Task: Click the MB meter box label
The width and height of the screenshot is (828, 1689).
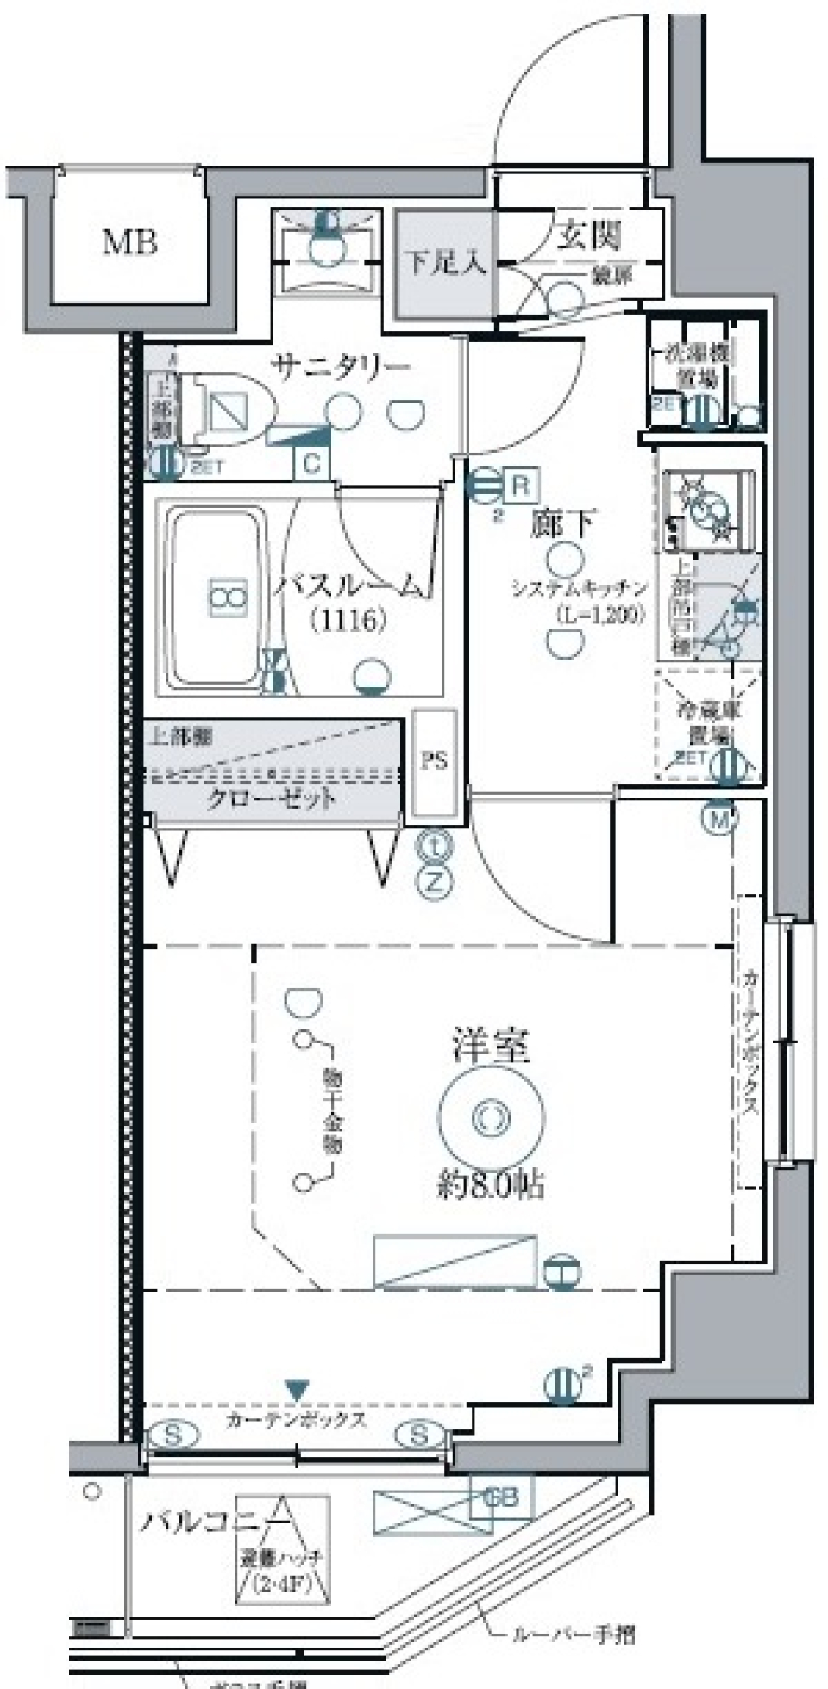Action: (130, 242)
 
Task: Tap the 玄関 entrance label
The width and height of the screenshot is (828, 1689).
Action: (588, 235)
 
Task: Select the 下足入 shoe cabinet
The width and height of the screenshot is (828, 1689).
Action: (445, 263)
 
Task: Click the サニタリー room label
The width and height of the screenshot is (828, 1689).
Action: (342, 367)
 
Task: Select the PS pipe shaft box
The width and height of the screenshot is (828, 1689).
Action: (434, 762)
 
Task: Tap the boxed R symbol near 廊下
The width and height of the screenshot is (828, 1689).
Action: (520, 485)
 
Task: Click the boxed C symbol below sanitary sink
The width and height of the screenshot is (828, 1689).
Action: (311, 464)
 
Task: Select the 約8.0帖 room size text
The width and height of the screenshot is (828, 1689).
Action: (491, 1185)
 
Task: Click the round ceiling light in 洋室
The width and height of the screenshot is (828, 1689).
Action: (491, 1118)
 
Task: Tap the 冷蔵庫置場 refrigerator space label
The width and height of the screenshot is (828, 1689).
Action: (708, 723)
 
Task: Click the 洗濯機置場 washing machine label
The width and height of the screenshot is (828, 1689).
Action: (699, 366)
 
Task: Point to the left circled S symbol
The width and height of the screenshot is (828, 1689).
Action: (173, 1436)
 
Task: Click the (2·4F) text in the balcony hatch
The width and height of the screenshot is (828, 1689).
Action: (281, 1583)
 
